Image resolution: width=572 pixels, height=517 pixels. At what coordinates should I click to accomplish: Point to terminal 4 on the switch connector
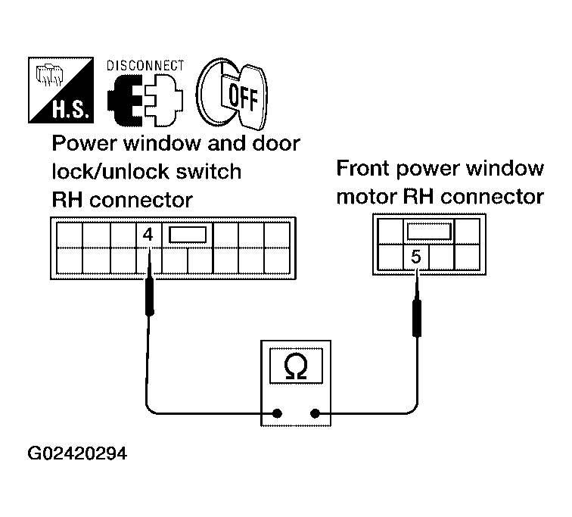click(x=148, y=235)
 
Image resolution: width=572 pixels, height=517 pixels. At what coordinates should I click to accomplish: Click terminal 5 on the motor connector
click(x=415, y=257)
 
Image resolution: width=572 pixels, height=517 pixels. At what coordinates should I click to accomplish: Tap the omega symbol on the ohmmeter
click(x=295, y=367)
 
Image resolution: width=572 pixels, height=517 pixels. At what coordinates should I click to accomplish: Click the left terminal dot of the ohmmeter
click(x=278, y=414)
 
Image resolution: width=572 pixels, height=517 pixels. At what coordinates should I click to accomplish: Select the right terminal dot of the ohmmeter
click(x=315, y=414)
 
